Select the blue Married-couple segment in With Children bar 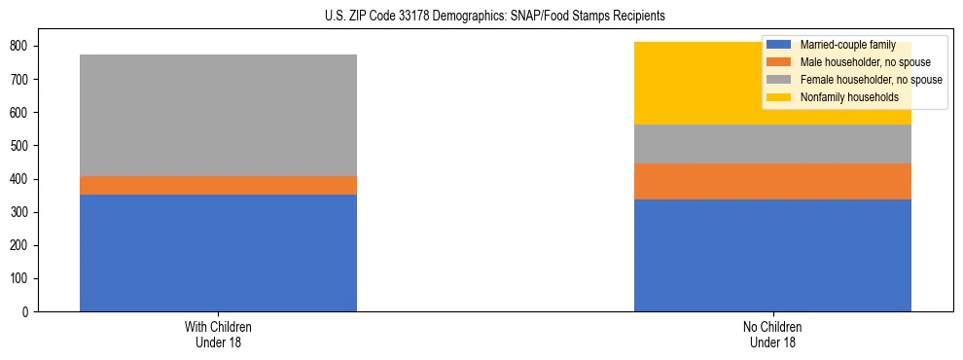point(218,253)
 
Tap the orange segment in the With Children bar point(218,185)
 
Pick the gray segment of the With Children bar point(218,115)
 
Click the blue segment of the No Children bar point(772,255)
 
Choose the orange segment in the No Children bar point(772,181)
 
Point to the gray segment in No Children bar point(772,144)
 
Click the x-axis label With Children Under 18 point(218,335)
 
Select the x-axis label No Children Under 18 point(772,335)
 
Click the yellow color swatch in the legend point(779,97)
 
